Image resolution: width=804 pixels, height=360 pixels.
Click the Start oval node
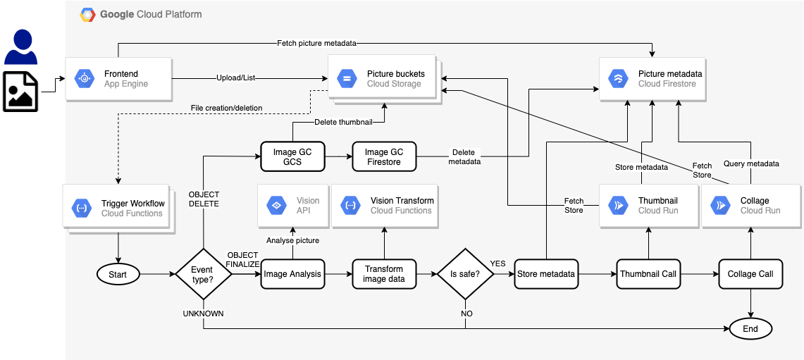coord(118,274)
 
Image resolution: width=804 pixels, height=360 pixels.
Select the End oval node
coord(750,328)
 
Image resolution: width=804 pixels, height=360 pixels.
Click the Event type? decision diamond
coord(203,274)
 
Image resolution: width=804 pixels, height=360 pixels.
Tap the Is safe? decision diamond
coord(465,274)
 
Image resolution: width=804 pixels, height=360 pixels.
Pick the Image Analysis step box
coord(292,274)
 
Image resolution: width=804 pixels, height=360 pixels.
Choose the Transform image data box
coord(384,274)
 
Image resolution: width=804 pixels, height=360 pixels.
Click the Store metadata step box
coord(546,274)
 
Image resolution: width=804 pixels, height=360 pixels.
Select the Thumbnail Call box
coord(648,274)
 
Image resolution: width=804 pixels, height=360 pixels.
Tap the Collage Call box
coord(750,274)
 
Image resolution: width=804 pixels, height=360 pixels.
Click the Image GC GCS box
coord(292,157)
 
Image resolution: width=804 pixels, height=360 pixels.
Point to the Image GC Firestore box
coord(384,157)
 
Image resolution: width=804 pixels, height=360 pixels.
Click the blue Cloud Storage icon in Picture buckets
coord(347,79)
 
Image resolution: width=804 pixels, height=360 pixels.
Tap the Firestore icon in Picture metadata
coord(618,79)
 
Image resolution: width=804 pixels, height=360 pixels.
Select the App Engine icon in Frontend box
coord(84,79)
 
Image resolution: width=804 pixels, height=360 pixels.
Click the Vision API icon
coord(276,206)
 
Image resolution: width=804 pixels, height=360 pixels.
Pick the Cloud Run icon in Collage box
coord(720,206)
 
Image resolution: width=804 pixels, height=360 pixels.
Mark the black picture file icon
coord(20,91)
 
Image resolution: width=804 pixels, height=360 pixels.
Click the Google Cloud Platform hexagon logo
coord(88,14)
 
